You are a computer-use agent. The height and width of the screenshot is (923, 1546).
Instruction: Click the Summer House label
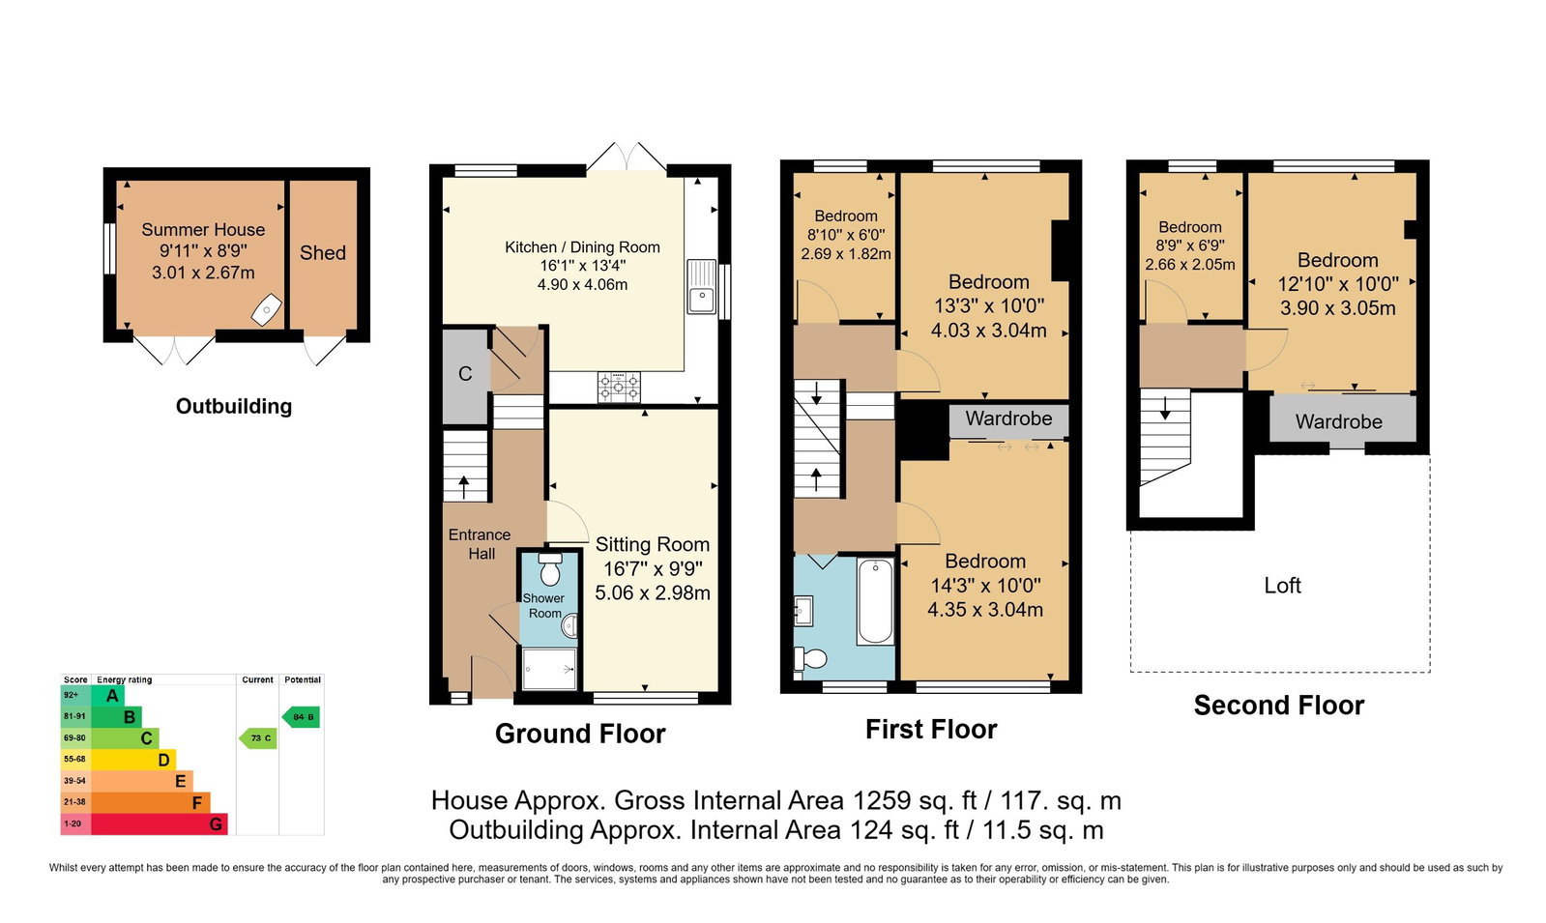click(203, 230)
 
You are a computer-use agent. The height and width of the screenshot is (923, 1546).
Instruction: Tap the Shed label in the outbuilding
click(322, 252)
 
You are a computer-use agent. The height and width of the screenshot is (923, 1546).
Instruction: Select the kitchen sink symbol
click(702, 286)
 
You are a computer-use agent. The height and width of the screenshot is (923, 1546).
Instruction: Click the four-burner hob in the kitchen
click(619, 387)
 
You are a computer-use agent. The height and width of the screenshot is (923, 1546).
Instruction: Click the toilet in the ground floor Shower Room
click(550, 568)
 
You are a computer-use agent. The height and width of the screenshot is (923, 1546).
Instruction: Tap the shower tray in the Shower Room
click(549, 669)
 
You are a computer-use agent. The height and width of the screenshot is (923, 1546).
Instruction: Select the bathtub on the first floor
click(875, 601)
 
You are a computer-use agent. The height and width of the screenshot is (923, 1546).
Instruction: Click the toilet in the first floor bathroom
click(810, 659)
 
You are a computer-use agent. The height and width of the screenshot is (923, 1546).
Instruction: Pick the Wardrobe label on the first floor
click(1008, 418)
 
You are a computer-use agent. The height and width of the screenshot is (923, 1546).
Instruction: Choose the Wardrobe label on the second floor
click(1338, 421)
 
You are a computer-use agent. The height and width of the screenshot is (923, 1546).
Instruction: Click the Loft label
click(1282, 586)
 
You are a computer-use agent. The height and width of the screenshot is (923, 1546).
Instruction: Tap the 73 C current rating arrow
click(258, 738)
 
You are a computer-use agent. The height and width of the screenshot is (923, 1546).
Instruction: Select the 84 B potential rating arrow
click(301, 717)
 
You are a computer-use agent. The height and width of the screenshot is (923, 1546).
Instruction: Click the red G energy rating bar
click(159, 823)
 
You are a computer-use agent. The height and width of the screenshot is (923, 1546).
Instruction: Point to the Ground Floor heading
click(580, 734)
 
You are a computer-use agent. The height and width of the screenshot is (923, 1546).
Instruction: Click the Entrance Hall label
click(480, 544)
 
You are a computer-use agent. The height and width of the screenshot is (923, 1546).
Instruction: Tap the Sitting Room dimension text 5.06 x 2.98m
click(653, 592)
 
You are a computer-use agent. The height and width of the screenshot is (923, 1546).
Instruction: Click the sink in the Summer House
click(267, 310)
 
